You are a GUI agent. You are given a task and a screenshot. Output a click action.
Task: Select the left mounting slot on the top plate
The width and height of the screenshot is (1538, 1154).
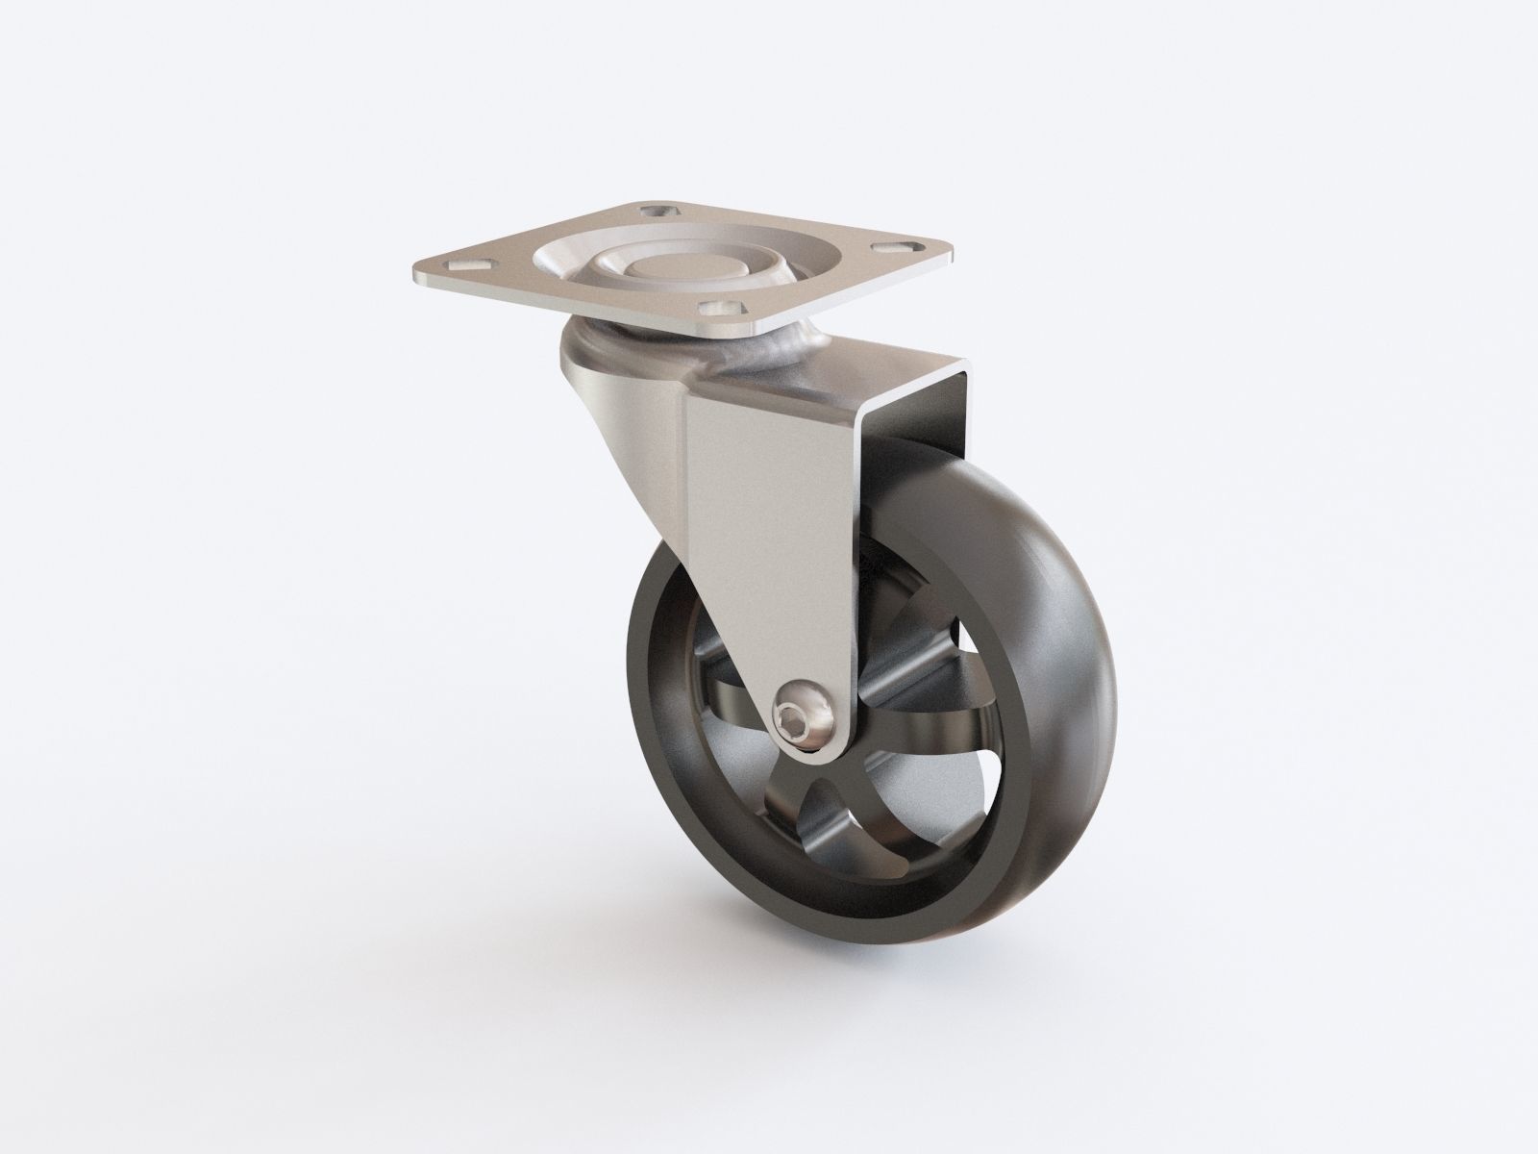point(464,261)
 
